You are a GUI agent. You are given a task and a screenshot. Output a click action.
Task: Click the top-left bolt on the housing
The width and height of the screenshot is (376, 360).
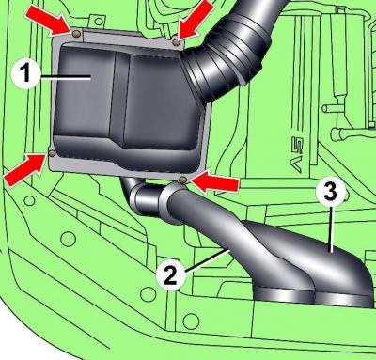[75, 33]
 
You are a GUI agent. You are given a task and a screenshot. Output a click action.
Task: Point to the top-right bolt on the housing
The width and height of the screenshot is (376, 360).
[177, 41]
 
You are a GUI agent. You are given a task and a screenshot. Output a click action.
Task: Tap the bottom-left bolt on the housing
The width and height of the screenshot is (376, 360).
[52, 153]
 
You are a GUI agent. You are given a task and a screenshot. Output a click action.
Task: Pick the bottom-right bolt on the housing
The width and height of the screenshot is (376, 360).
[182, 180]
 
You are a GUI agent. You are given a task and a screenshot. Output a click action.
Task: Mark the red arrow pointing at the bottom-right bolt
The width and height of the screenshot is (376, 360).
[213, 183]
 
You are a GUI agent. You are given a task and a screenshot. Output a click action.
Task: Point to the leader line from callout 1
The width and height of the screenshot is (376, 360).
[66, 77]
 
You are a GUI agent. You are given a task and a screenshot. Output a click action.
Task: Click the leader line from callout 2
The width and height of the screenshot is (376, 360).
[206, 259]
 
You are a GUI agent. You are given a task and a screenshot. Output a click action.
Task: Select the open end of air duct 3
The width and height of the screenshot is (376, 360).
[345, 300]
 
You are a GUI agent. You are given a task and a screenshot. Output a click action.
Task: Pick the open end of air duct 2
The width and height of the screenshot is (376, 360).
[285, 295]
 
